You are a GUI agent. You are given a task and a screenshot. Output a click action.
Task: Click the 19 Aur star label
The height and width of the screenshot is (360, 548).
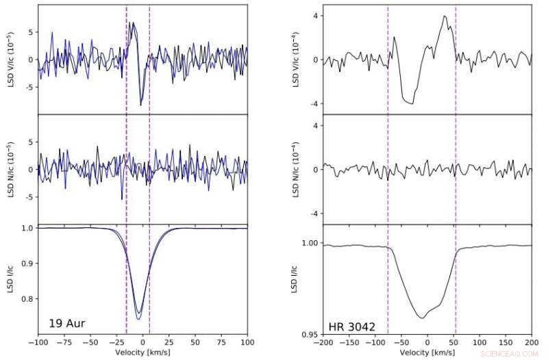(66, 322)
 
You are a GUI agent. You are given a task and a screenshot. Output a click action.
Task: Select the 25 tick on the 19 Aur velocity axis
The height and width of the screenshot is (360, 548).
(169, 341)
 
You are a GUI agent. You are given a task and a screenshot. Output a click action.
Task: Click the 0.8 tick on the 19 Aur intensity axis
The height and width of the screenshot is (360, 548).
(26, 299)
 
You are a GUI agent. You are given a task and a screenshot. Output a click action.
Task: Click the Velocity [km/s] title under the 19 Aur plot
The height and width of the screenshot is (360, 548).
(142, 352)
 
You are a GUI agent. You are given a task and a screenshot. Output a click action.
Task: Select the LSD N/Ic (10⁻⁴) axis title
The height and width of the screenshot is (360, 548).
(297, 170)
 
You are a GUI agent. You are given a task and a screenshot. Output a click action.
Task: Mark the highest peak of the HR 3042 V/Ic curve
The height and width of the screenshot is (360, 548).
(445, 16)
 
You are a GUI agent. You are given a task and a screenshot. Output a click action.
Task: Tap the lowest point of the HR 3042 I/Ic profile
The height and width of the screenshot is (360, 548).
(421, 318)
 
